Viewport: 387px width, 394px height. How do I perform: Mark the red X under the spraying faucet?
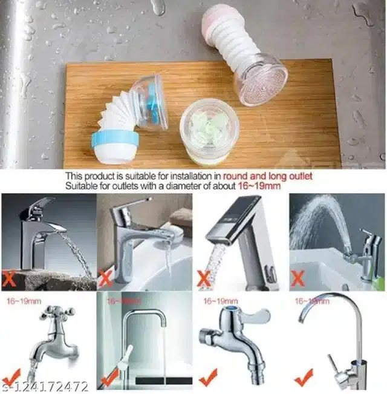tap(298, 278)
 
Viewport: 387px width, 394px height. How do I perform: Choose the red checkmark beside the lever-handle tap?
tap(207, 379)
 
